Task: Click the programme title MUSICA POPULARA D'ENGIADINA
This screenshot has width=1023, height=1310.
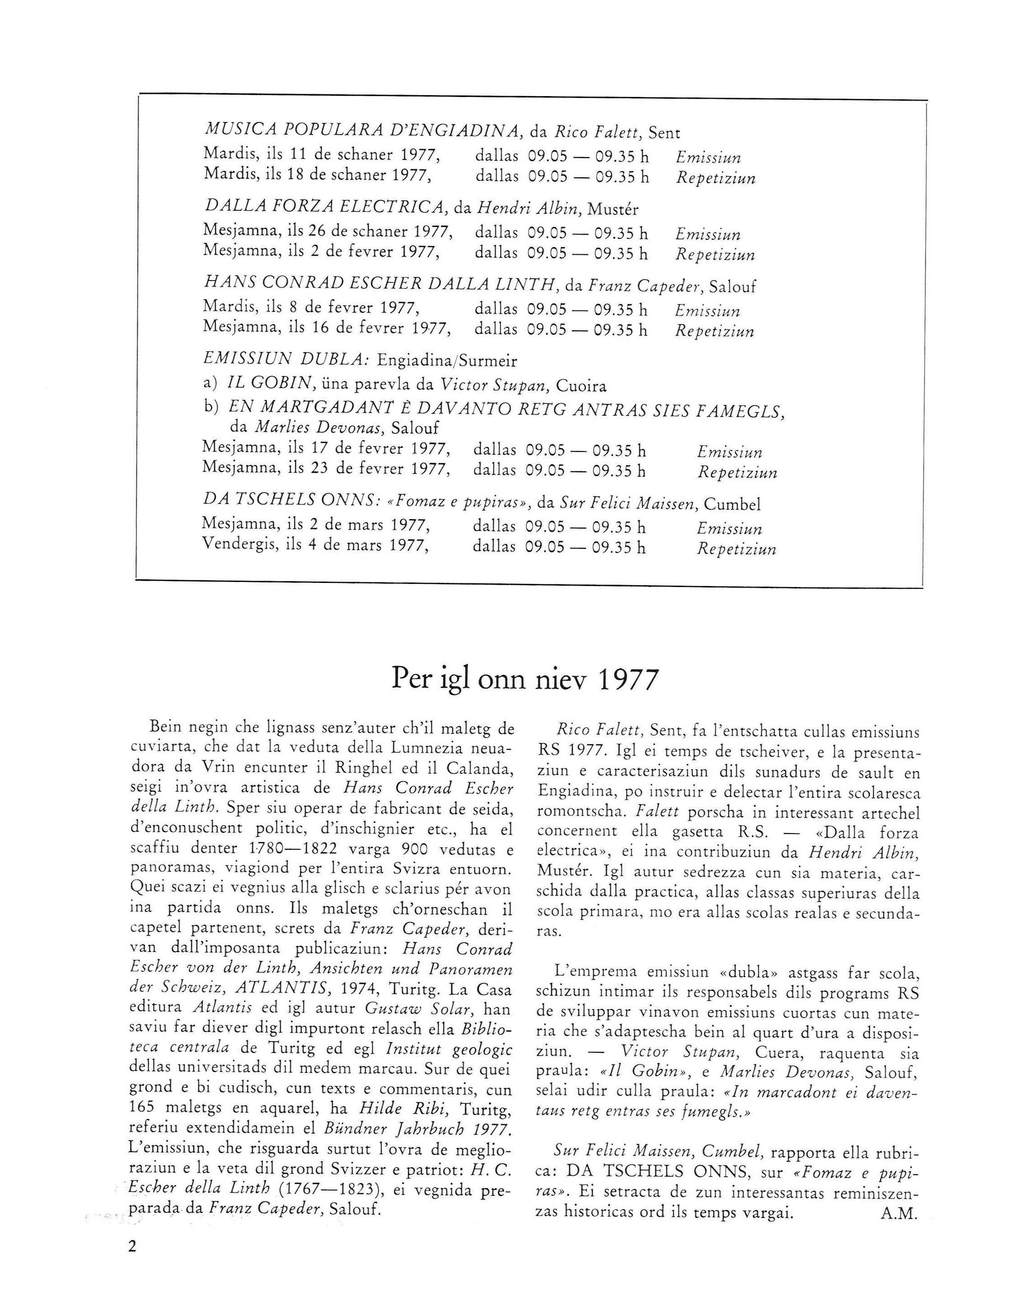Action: (x=362, y=130)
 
